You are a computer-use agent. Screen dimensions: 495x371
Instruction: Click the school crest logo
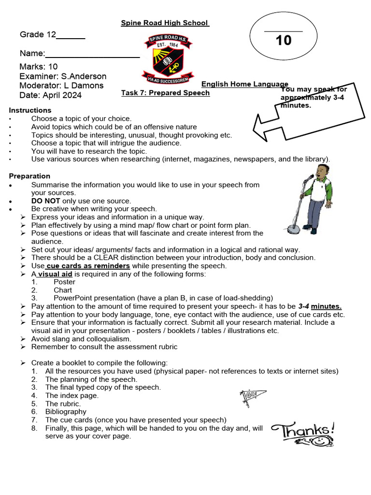tap(167, 58)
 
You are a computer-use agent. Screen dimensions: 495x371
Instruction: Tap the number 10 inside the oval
tap(284, 41)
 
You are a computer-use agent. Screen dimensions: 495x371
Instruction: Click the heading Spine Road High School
tap(165, 23)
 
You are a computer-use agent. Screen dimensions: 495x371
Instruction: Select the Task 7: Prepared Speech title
tap(165, 93)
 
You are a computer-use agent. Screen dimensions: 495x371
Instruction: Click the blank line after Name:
tap(92, 55)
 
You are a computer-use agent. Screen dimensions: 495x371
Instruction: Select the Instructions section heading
tap(30, 110)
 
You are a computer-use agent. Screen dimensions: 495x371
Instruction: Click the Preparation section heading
tap(29, 176)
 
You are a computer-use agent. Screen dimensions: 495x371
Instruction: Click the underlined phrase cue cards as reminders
tap(88, 266)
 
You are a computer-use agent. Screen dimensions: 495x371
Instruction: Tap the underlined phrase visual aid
tap(56, 274)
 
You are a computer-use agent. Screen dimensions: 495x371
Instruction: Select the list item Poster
tap(64, 282)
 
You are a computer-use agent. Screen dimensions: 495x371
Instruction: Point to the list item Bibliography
tap(66, 412)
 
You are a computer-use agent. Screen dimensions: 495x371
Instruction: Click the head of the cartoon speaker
tap(321, 172)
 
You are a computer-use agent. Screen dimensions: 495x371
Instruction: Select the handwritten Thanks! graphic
tap(303, 432)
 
